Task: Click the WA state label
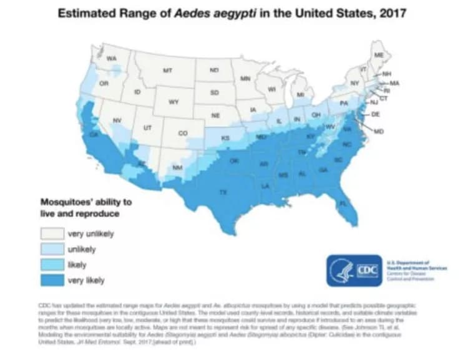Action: click(x=112, y=59)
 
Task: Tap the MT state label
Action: click(x=167, y=72)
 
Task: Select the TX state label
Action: click(x=223, y=192)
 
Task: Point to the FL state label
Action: click(x=343, y=204)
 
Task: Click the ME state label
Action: click(x=378, y=56)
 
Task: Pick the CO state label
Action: click(x=182, y=133)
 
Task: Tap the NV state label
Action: click(x=116, y=120)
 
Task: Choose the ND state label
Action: click(x=214, y=71)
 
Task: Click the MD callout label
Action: click(x=379, y=132)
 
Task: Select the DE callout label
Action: click(x=376, y=115)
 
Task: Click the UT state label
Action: click(x=148, y=128)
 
